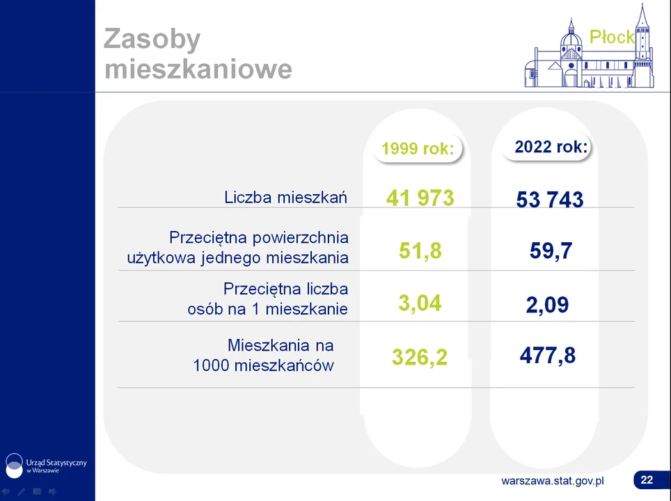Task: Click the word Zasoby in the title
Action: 152,40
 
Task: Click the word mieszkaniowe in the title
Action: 198,69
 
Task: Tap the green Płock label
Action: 612,37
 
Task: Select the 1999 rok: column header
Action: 418,148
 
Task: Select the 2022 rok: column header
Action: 551,147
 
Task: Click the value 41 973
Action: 420,198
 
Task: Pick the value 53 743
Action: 550,200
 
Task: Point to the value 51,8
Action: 420,250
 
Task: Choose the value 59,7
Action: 551,250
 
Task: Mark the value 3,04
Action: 420,303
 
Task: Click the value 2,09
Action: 547,305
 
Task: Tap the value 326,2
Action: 420,357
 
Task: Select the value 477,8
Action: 548,356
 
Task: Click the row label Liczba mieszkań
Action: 286,197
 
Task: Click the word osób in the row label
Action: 203,308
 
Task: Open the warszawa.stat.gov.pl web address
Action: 553,481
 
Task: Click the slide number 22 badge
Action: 647,480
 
